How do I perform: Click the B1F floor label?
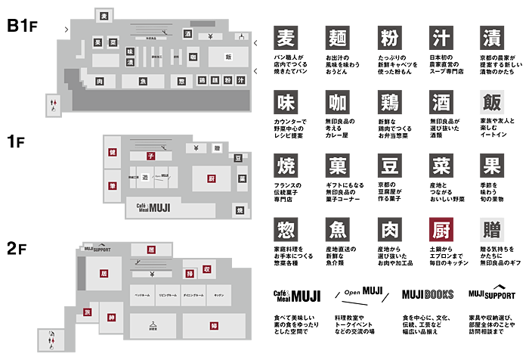coord(22,26)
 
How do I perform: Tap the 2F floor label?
coord(17,248)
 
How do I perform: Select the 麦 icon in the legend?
coord(285,39)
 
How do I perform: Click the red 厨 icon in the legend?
coord(440,228)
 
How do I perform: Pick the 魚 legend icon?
coord(336,228)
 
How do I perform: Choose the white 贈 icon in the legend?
coord(491,228)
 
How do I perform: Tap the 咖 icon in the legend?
coord(336,102)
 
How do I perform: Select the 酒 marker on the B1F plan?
coord(187,34)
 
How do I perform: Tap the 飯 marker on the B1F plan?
coord(228,57)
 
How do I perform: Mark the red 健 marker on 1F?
coord(112,152)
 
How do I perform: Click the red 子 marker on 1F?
coord(150,156)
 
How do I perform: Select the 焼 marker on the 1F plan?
coord(240,210)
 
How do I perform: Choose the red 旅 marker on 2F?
coord(88,312)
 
